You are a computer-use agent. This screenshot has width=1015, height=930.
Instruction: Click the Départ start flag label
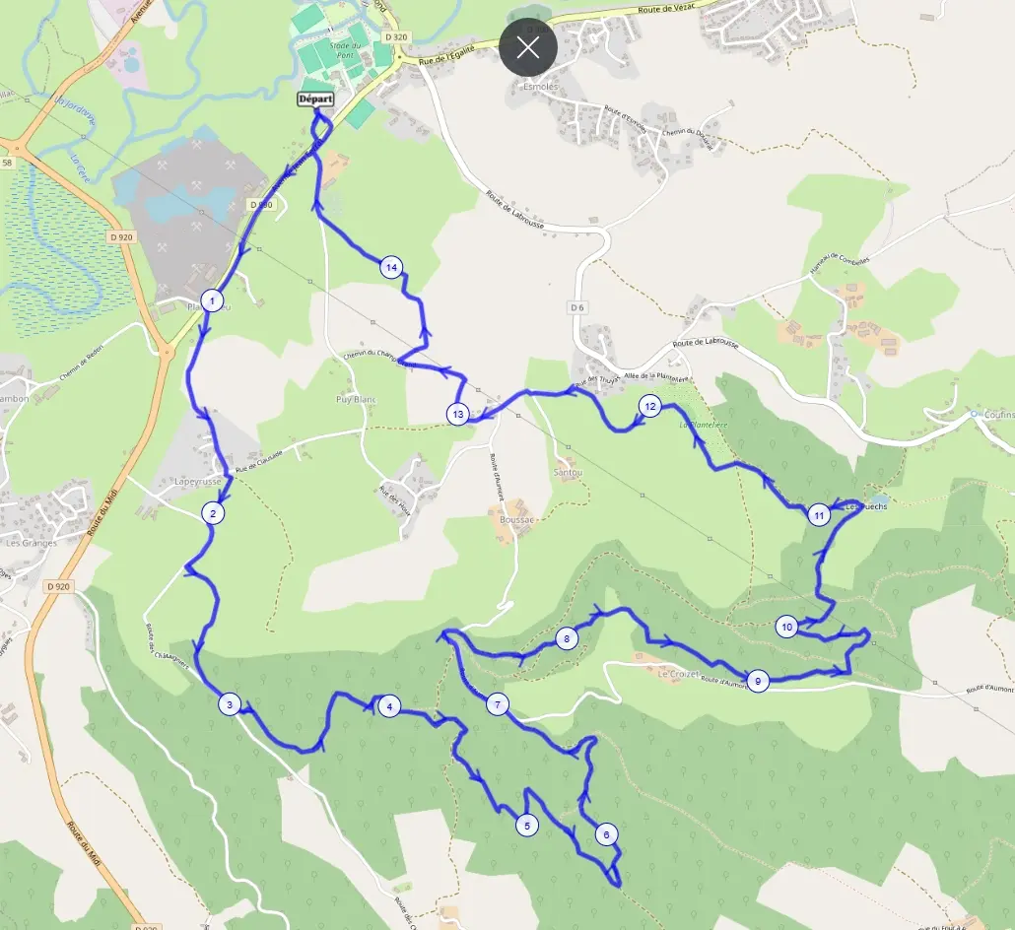[315, 100]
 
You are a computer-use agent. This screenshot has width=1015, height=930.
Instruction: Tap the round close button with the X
[528, 47]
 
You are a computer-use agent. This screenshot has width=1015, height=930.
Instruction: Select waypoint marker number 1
[212, 299]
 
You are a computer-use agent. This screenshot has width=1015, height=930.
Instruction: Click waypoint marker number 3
[230, 704]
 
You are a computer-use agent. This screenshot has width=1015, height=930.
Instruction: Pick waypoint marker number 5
[527, 826]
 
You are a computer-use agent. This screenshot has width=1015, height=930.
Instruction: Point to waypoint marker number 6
[606, 834]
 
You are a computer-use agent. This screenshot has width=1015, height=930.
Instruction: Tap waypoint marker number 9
[757, 680]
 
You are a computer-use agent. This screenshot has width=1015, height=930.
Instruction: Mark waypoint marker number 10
[786, 627]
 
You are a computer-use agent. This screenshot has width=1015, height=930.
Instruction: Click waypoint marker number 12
[648, 405]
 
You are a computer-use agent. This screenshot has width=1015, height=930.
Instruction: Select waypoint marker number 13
[457, 415]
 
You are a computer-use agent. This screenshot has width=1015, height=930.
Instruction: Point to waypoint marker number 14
[391, 267]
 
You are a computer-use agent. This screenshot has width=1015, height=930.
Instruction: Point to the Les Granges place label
[32, 543]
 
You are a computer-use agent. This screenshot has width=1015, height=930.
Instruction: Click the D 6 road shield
[578, 308]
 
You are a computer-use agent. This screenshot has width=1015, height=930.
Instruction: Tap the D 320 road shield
[397, 36]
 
